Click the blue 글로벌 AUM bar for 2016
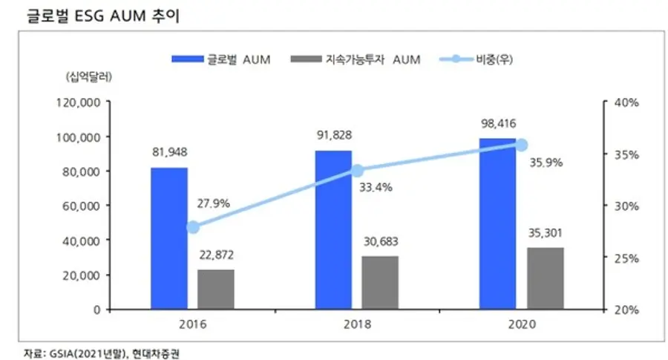tap(168, 238)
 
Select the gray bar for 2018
tap(379, 282)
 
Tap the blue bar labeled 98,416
tap(497, 223)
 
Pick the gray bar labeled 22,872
tap(216, 289)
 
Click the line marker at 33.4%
tap(357, 171)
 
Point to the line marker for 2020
tap(521, 145)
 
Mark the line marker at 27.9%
tap(193, 227)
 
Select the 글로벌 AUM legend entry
tap(222, 60)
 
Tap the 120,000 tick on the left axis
tap(79, 102)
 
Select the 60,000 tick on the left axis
tap(82, 206)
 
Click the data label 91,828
tap(333, 135)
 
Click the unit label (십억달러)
tap(88, 76)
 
